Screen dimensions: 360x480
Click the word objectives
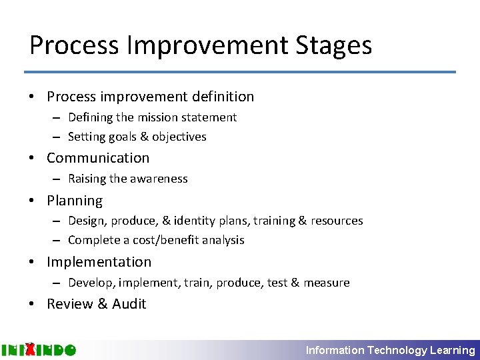coord(179,137)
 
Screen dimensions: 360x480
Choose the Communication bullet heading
coord(98,158)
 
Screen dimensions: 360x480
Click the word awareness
coord(159,179)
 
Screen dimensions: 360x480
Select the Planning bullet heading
coord(75,201)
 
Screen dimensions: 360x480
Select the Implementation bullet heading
coord(99,262)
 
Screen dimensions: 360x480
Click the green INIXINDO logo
coord(39,349)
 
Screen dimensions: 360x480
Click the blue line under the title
coord(240,72)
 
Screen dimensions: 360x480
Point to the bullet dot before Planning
coord(32,201)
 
